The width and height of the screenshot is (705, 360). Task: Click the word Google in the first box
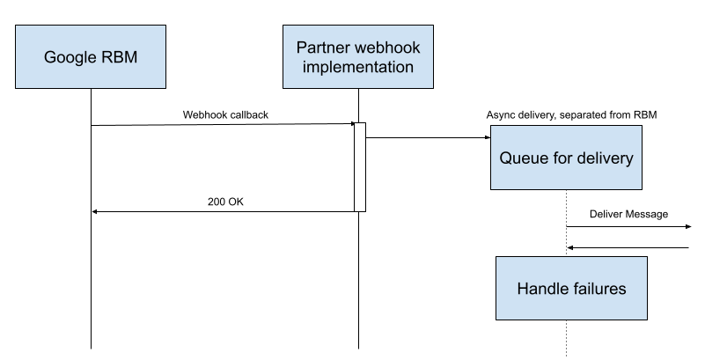pyautogui.click(x=70, y=58)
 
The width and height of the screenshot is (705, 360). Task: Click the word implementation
pyautogui.click(x=358, y=67)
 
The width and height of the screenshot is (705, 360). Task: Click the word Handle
pyautogui.click(x=541, y=289)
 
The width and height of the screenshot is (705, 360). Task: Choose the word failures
pyautogui.click(x=598, y=289)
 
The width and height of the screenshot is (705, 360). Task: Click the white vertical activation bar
pyautogui.click(x=360, y=167)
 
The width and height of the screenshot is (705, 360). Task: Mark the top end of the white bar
pyautogui.click(x=360, y=125)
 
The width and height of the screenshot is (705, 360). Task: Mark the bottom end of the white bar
pyautogui.click(x=360, y=209)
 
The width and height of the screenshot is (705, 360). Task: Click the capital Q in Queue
pyautogui.click(x=505, y=159)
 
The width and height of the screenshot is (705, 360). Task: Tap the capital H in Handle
pyautogui.click(x=523, y=289)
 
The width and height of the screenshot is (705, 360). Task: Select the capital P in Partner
pyautogui.click(x=302, y=48)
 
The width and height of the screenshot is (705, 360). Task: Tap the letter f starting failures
pyautogui.click(x=573, y=289)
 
